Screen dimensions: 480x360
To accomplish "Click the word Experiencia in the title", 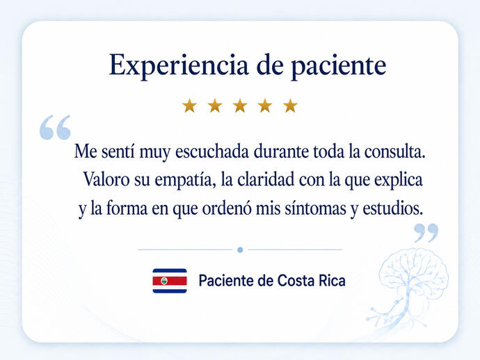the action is [x=179, y=65].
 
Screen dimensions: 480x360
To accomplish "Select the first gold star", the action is [x=189, y=106].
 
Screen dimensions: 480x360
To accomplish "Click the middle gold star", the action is [x=240, y=106].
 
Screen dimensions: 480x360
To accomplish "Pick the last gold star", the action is [x=290, y=106].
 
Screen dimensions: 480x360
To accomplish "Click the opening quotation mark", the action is [x=55, y=127].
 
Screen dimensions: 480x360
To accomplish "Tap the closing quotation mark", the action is [x=426, y=233].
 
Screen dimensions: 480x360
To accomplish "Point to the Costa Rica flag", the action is [x=170, y=281].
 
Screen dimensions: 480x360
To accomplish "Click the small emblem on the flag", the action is [x=164, y=281].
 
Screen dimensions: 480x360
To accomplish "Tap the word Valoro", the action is [x=106, y=179].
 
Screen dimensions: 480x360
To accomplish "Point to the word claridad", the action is [x=266, y=179].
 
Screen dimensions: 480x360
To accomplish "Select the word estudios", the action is [x=393, y=208].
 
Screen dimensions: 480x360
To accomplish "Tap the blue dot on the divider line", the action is [x=240, y=250].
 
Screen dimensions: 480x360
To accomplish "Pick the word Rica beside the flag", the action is [x=332, y=281].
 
